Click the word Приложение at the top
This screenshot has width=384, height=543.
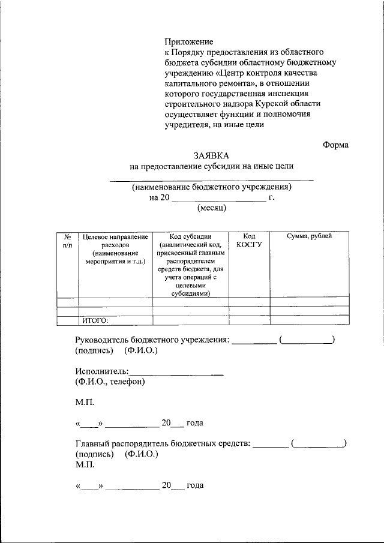[x=189, y=42]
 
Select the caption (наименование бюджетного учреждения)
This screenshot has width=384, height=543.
[x=212, y=187]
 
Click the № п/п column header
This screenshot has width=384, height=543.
[x=67, y=241]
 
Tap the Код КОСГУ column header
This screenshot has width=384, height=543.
[x=249, y=241]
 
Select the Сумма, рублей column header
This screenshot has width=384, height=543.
[x=309, y=236]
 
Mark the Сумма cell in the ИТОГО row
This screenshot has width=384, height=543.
[x=309, y=320]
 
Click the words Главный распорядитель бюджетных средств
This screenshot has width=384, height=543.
[x=162, y=444]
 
